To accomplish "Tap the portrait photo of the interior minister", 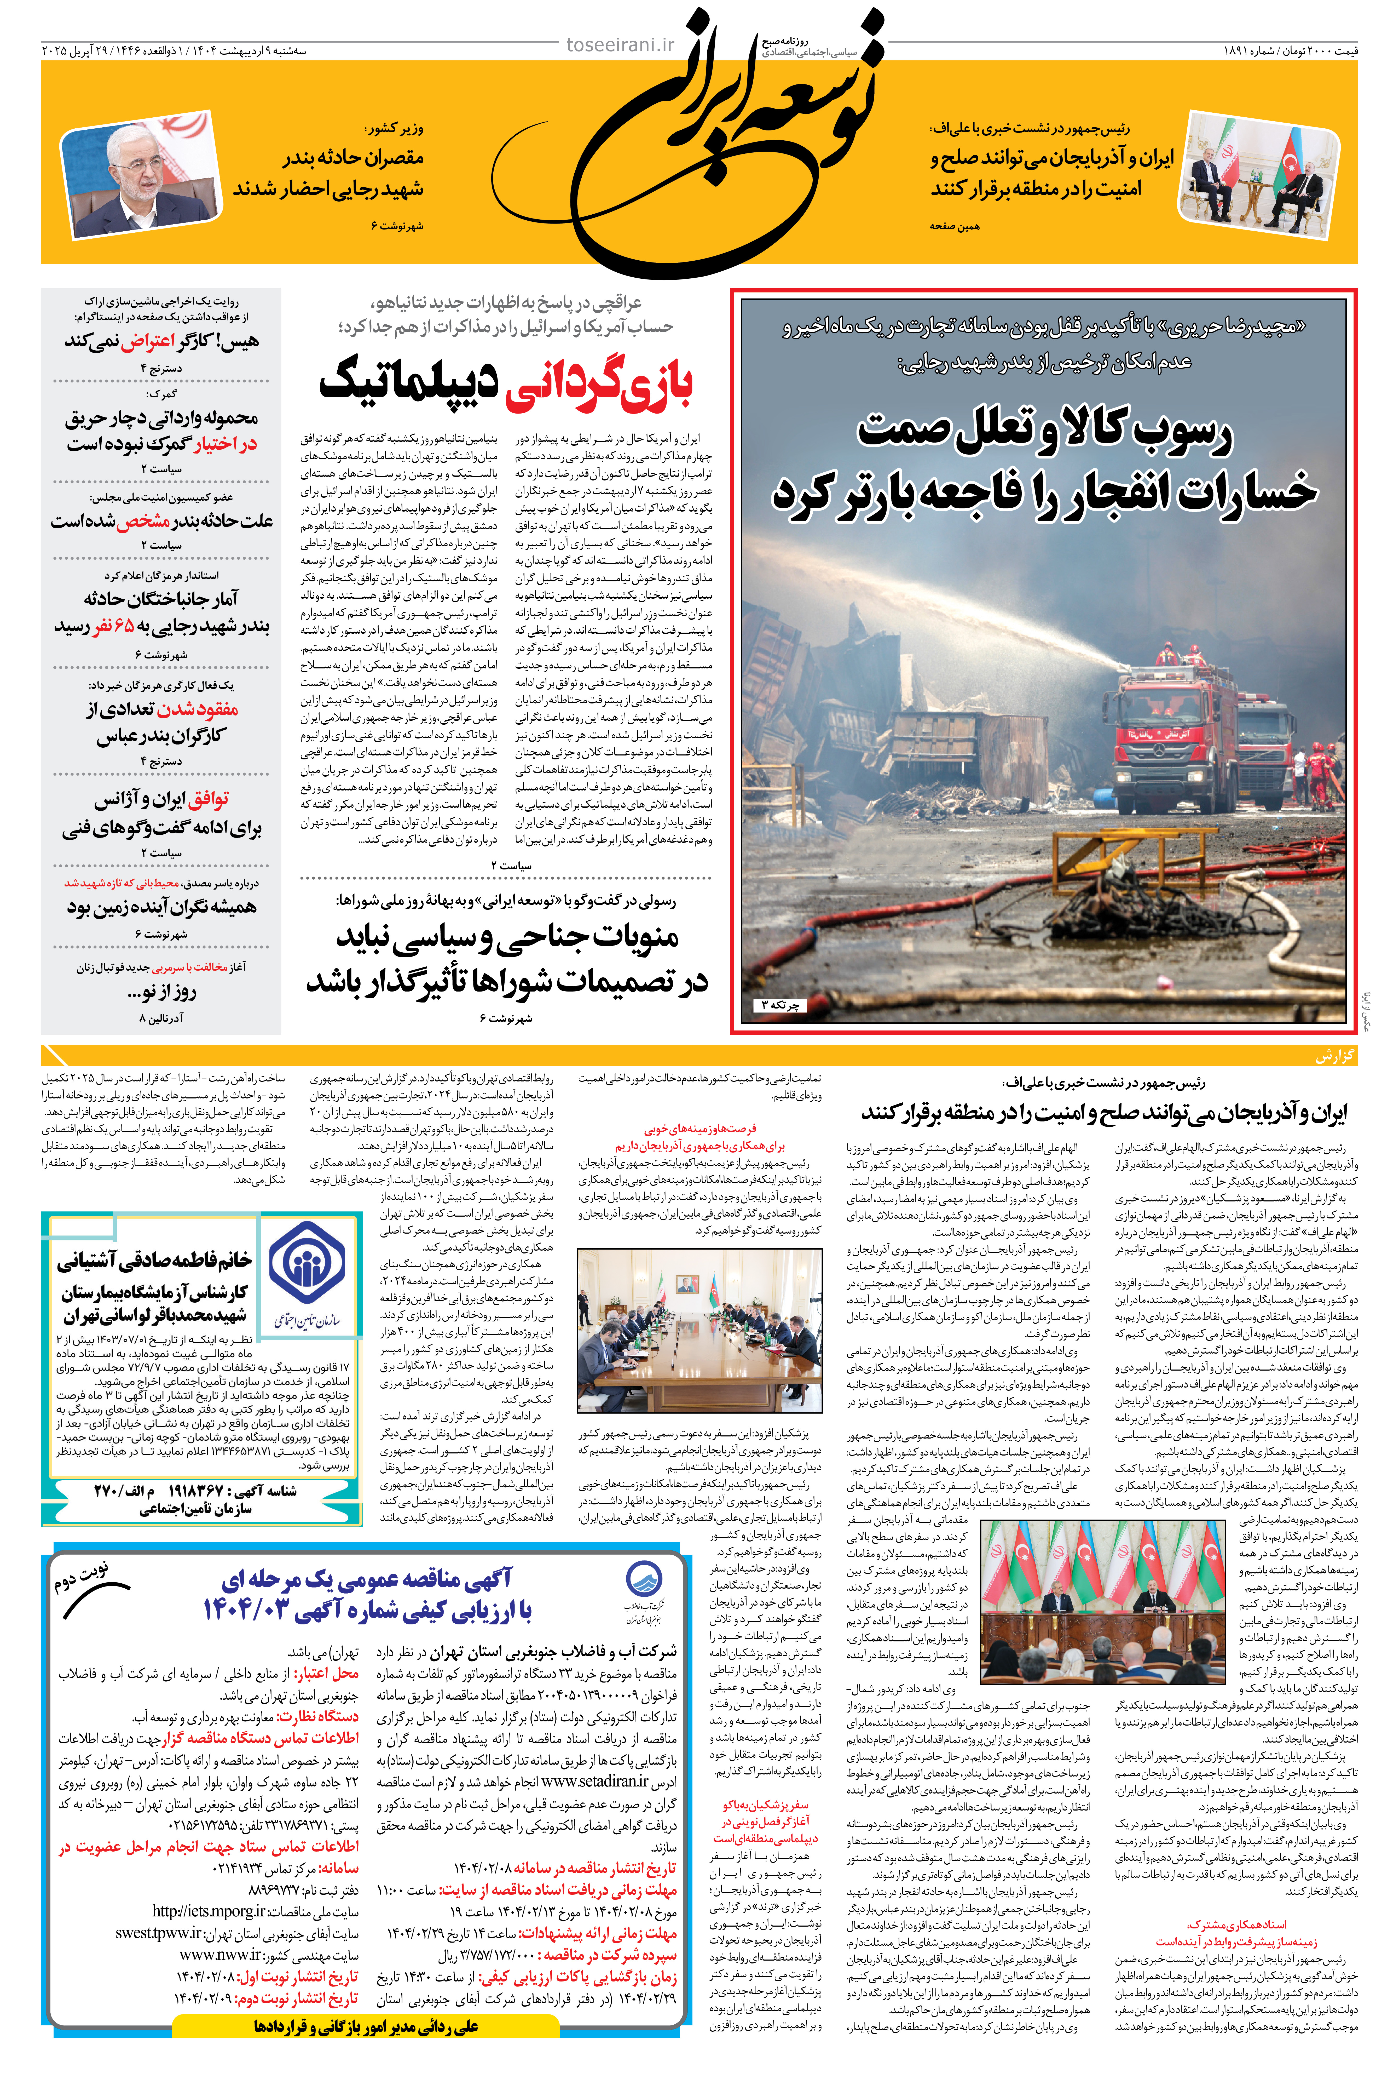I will pyautogui.click(x=140, y=174).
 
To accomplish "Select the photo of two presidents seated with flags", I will pyautogui.click(x=1258, y=179).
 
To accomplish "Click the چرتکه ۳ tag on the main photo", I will pyautogui.click(x=779, y=1005).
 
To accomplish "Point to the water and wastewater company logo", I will pyautogui.click(x=642, y=1596).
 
